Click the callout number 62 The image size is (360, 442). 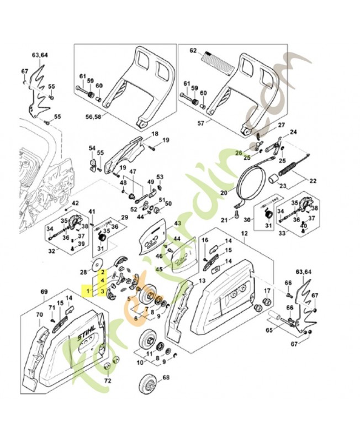tap(193, 51)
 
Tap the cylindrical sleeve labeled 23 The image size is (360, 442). tap(272, 178)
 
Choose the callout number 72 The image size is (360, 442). tap(108, 381)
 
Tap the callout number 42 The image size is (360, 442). tap(76, 203)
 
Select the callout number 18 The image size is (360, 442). tap(155, 134)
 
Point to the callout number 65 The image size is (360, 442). tap(270, 330)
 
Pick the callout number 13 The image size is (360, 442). tap(202, 281)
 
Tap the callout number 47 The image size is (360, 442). tap(133, 172)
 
